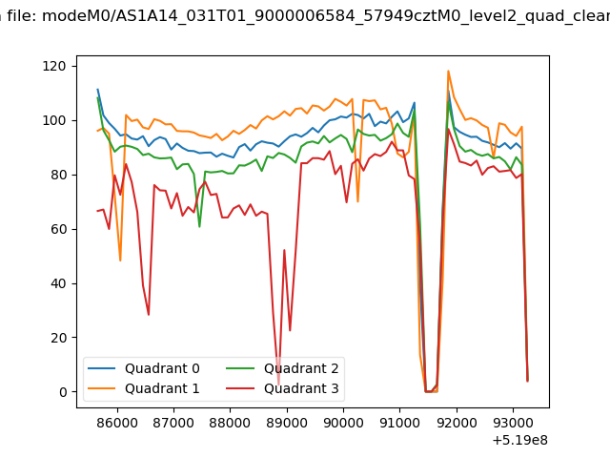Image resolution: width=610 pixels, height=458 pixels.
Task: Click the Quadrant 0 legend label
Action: (162, 368)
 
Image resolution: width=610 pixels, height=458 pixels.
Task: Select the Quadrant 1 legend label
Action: (162, 388)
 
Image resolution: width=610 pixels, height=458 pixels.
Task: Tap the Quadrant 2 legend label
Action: (301, 368)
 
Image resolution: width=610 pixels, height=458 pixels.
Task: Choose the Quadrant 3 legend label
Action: (301, 388)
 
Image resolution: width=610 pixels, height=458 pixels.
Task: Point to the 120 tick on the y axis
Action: (54, 66)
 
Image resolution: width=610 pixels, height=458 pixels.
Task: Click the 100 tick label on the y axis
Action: (54, 120)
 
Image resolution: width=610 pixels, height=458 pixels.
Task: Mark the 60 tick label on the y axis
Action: (58, 229)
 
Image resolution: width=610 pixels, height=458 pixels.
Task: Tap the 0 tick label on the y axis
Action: (63, 392)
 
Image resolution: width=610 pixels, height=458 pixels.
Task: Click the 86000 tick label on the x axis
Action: (117, 423)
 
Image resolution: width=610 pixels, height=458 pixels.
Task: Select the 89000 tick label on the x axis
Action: (287, 423)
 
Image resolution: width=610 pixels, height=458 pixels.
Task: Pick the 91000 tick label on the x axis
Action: (400, 423)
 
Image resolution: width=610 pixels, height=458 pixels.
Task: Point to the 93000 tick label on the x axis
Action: (513, 423)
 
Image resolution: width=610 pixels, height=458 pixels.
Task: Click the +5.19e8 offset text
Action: (520, 440)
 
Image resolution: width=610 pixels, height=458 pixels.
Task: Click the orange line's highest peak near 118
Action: (448, 71)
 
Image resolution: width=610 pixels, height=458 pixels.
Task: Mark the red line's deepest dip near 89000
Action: (278, 385)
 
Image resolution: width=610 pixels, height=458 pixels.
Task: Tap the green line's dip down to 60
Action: (199, 227)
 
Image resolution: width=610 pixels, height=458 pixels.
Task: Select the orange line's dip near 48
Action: (120, 260)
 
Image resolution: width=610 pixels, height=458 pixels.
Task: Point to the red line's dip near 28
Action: (149, 315)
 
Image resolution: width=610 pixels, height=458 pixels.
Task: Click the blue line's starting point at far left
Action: (97, 89)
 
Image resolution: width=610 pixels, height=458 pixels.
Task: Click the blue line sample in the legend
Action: (102, 368)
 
